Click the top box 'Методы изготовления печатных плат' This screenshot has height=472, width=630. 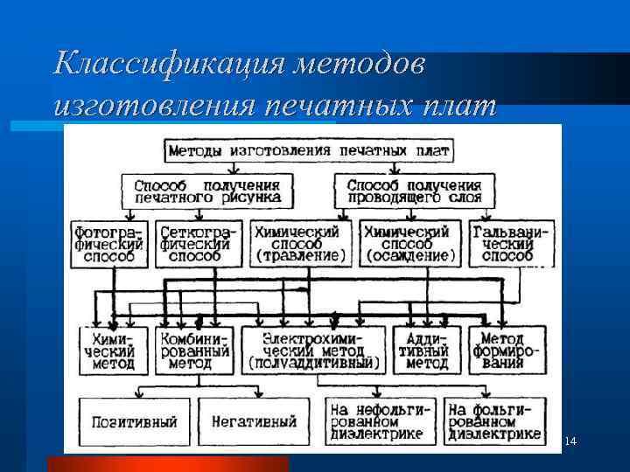tap(309, 150)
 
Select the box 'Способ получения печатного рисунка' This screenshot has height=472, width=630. tap(207, 191)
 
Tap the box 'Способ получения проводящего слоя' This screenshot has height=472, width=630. tap(414, 191)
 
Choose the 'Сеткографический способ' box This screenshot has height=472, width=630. tap(194, 244)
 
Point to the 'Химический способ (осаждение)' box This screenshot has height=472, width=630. tap(409, 244)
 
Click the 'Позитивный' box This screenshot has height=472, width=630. tap(134, 422)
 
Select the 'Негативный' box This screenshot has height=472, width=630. tap(254, 422)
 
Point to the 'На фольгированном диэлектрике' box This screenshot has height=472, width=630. tap(493, 422)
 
